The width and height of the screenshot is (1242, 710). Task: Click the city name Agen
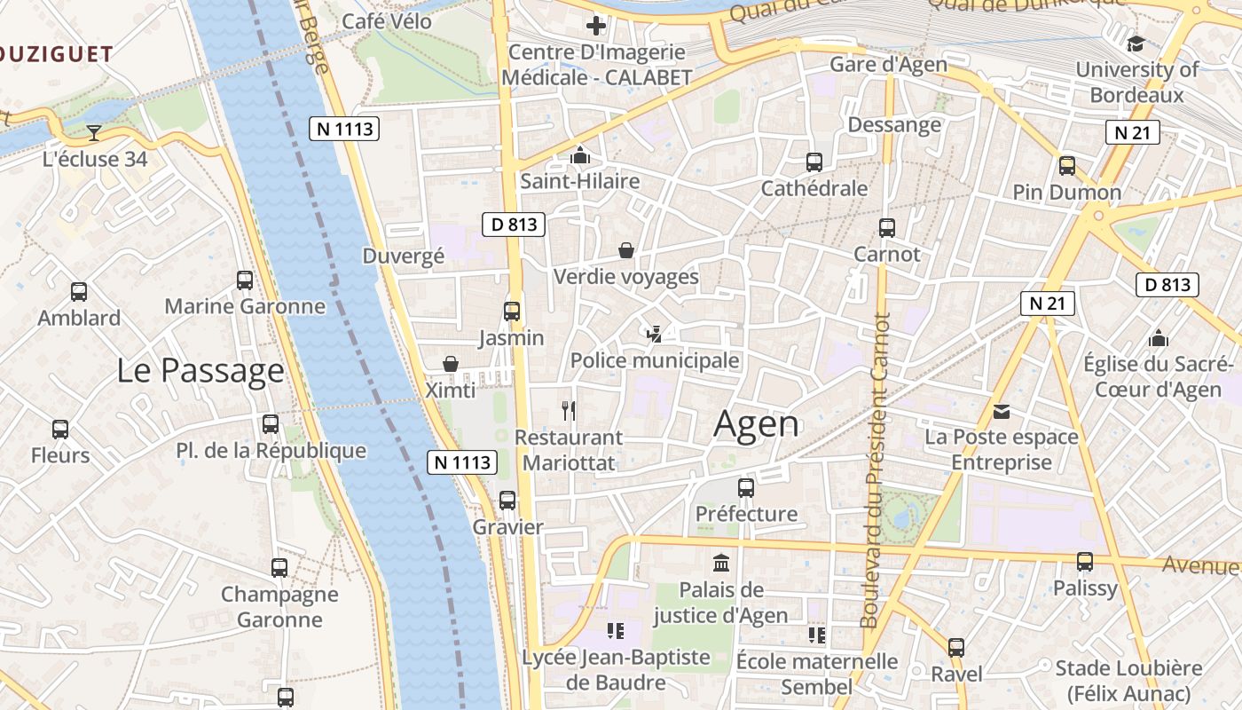pyautogui.click(x=756, y=424)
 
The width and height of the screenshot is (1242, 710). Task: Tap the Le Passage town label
pyautogui.click(x=200, y=371)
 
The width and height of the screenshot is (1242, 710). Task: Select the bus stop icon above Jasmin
pyautogui.click(x=512, y=312)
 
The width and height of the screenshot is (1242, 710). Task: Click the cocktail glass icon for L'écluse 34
pyautogui.click(x=94, y=133)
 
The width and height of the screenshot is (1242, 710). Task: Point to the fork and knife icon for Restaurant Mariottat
pyautogui.click(x=569, y=410)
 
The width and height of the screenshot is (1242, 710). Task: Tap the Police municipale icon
pyautogui.click(x=655, y=334)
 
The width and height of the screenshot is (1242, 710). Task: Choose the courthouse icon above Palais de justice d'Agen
pyautogui.click(x=720, y=563)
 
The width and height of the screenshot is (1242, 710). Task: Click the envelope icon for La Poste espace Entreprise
pyautogui.click(x=1002, y=411)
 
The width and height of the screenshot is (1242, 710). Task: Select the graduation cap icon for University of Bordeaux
pyautogui.click(x=1136, y=43)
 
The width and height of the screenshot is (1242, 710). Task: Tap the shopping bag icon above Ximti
pyautogui.click(x=451, y=364)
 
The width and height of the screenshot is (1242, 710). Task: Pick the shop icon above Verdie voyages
pyautogui.click(x=626, y=250)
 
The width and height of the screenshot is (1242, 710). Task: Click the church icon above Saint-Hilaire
pyautogui.click(x=580, y=155)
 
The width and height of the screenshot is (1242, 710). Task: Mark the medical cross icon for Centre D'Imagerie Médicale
pyautogui.click(x=596, y=26)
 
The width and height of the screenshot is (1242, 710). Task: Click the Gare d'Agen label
pyautogui.click(x=888, y=65)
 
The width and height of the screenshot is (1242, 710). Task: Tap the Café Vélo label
pyautogui.click(x=387, y=21)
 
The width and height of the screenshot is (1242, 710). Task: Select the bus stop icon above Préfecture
pyautogui.click(x=746, y=487)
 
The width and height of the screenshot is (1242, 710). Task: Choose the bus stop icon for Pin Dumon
pyautogui.click(x=1067, y=166)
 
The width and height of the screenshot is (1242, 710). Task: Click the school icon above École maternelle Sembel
pyautogui.click(x=817, y=635)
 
